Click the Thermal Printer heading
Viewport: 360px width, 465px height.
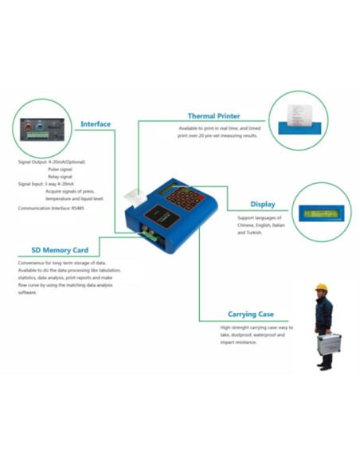tap(213, 116)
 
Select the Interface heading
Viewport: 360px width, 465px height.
tap(96, 124)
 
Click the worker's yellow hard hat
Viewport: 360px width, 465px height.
tap(321, 287)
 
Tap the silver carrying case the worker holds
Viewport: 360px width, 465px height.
tap(328, 345)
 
